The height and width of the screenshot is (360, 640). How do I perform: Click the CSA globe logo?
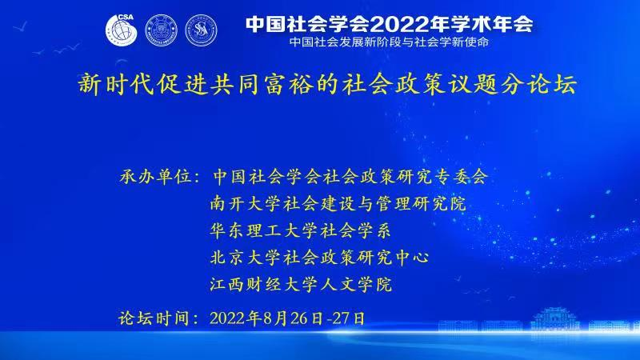[122, 30]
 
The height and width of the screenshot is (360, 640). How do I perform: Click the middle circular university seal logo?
[162, 30]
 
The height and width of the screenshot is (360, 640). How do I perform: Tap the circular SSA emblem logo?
[201, 30]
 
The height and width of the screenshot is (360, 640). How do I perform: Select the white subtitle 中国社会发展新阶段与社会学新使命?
[389, 42]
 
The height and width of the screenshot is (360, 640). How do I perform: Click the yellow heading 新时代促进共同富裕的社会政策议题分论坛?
[327, 85]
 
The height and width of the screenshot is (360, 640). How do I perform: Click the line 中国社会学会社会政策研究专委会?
[350, 177]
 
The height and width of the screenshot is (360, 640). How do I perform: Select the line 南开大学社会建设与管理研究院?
[338, 203]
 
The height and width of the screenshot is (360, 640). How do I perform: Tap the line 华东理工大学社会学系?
[301, 230]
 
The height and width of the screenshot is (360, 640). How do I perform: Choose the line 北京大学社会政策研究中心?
[319, 257]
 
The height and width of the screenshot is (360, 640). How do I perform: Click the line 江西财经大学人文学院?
[301, 284]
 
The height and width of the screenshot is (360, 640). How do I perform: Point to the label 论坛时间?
[154, 318]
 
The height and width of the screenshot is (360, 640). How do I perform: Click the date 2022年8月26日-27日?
[287, 318]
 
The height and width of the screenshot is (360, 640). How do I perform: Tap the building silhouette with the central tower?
[554, 319]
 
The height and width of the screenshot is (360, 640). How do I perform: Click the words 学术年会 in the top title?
[492, 25]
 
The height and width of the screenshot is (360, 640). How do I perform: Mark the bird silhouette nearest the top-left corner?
[21, 27]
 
